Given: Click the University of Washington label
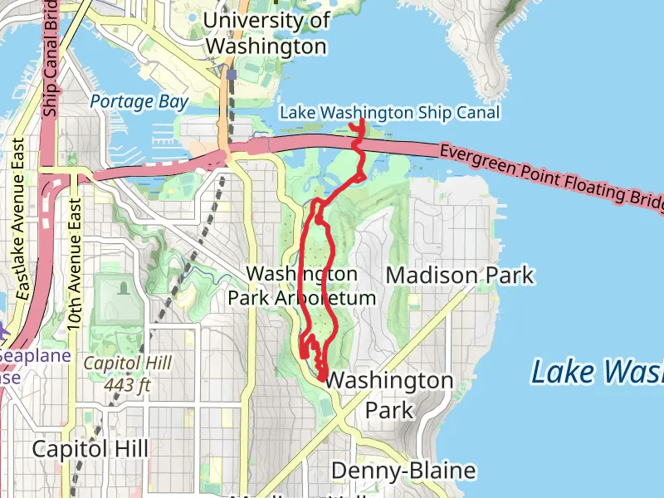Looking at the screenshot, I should (266, 33).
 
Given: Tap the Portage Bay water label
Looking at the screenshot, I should (139, 101).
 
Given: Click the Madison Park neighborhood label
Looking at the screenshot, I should (460, 275).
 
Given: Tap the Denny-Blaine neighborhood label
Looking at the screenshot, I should (403, 471).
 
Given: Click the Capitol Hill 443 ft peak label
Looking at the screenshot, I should (127, 373).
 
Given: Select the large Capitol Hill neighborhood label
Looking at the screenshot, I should (90, 449).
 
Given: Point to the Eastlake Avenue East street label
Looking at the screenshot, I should (22, 220).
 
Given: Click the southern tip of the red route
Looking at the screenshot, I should (320, 381).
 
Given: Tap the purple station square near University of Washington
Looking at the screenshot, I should (231, 74).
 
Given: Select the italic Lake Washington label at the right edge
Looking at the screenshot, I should (598, 371).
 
